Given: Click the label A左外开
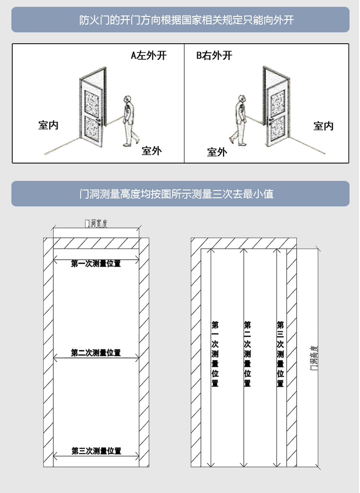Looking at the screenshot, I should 149,56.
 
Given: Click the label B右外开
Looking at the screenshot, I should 214,56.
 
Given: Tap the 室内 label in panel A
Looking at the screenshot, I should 48,125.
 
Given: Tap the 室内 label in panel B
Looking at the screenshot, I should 324,126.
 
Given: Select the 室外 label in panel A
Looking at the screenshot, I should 151,151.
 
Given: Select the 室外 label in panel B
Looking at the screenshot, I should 217,152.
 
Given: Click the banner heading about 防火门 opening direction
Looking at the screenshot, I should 180,20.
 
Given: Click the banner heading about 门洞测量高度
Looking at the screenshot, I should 180,194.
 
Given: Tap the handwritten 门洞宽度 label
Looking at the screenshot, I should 96,223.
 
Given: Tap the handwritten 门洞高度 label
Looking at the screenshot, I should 314,357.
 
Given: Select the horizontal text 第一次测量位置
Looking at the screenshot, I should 96,263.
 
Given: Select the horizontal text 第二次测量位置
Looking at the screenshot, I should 96,353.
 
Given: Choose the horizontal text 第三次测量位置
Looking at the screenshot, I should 96,451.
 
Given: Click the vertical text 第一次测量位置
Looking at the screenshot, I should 215,354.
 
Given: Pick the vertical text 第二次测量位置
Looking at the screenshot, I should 247,354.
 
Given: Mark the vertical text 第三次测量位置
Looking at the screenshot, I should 280,354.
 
